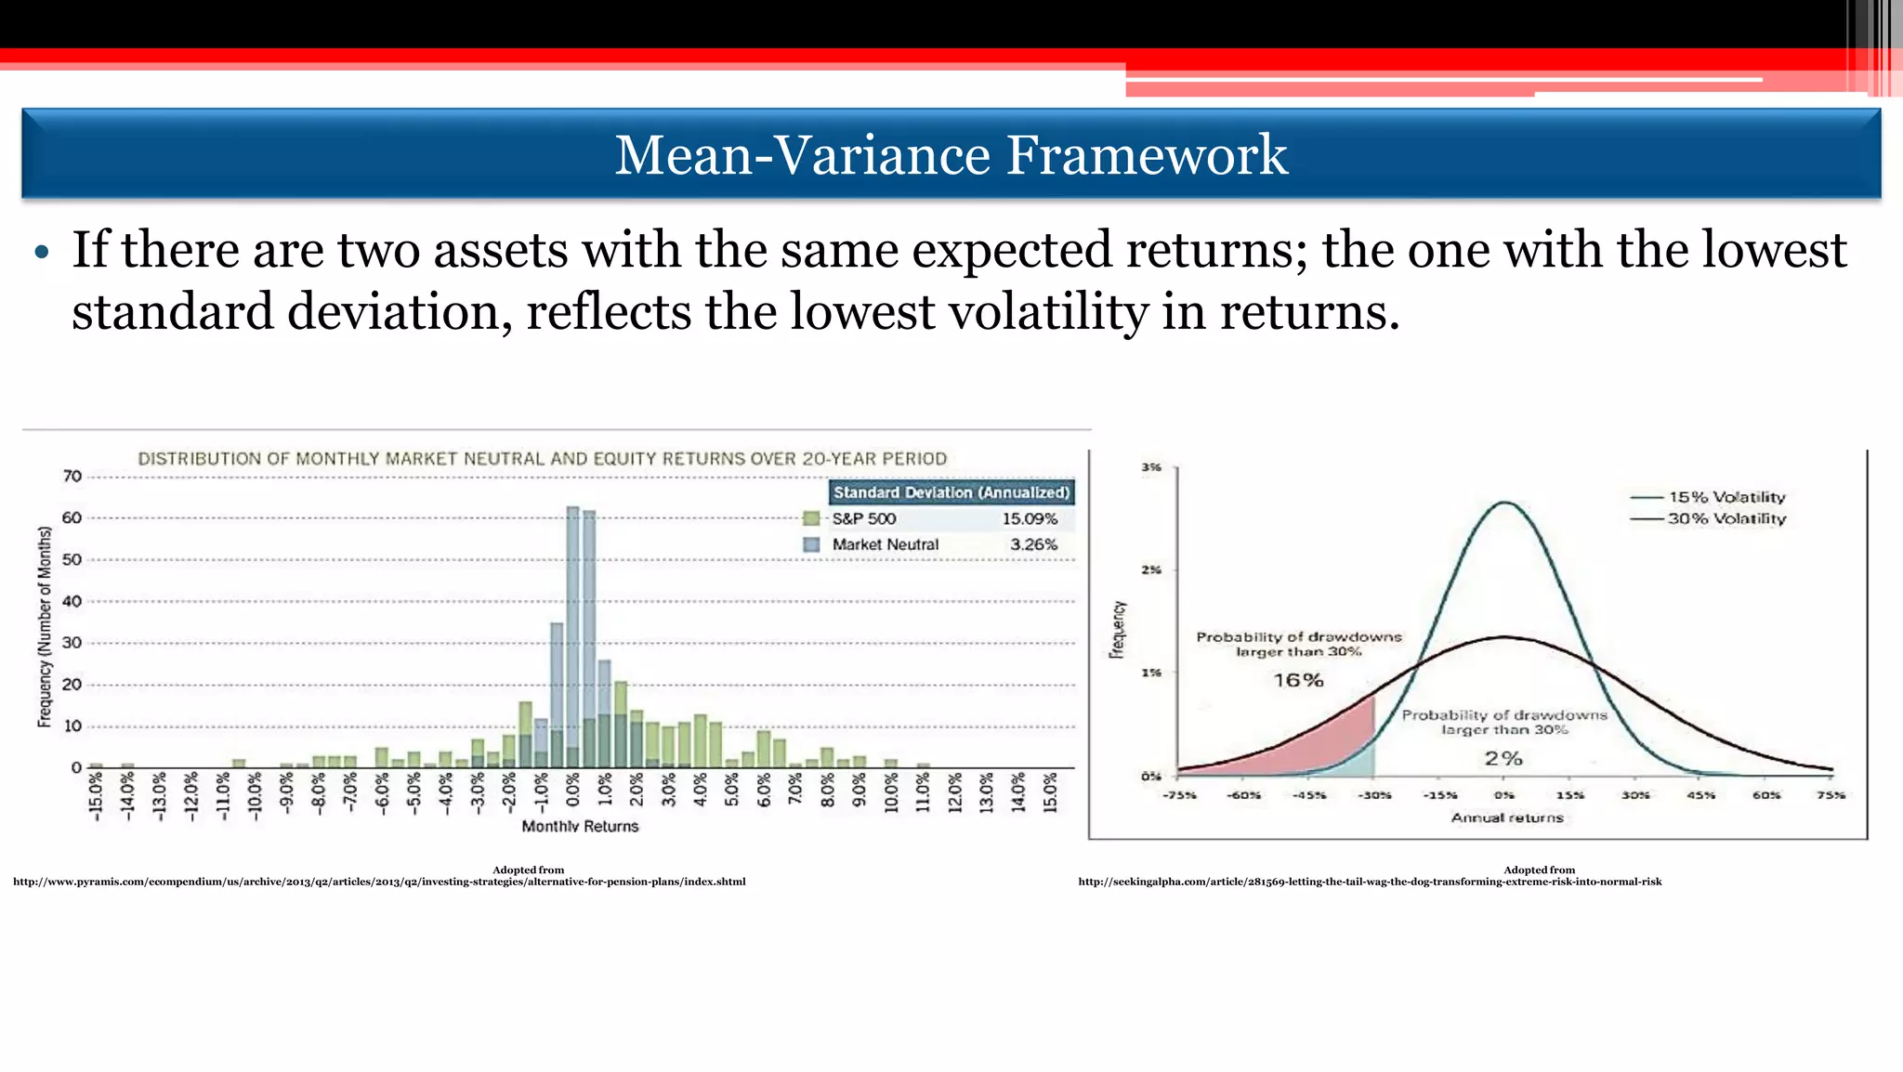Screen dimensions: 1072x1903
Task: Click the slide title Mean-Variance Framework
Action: [x=951, y=154]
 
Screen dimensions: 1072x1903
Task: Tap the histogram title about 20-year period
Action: [x=542, y=459]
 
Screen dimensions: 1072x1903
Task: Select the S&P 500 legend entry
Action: [x=863, y=519]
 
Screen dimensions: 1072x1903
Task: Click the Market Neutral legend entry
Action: [x=885, y=545]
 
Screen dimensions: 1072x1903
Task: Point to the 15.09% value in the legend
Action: [x=1030, y=519]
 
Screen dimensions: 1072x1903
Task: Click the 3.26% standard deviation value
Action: [x=1033, y=545]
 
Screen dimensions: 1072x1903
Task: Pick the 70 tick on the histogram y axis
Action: [x=72, y=477]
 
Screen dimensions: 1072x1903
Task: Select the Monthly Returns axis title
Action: [x=580, y=827]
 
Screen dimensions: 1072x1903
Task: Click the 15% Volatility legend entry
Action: [x=1726, y=498]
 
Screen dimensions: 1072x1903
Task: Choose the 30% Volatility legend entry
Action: [x=1726, y=519]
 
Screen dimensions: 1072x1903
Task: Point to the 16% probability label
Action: [x=1298, y=681]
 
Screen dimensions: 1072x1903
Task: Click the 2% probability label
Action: [x=1503, y=759]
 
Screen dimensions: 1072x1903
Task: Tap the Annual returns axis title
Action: [x=1507, y=818]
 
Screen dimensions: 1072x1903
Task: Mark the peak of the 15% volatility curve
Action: [x=1504, y=503]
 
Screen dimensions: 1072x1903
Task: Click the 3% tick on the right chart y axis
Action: [x=1151, y=467]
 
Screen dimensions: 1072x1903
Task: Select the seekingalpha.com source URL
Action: [x=1370, y=882]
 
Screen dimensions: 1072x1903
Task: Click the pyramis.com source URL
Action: [x=379, y=882]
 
